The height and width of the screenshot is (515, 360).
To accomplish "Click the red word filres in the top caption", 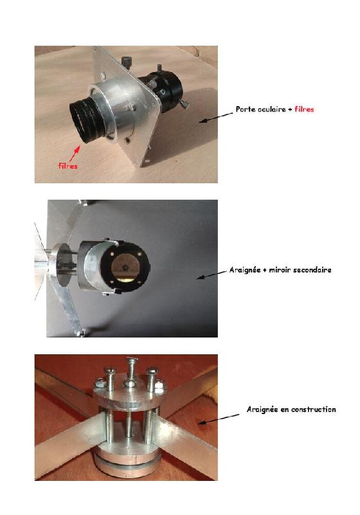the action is [x=304, y=109].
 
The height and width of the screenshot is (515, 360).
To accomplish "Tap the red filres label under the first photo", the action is [x=67, y=166].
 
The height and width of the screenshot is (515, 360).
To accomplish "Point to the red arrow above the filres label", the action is [x=75, y=154].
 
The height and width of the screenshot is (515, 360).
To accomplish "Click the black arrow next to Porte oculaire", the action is [x=216, y=118].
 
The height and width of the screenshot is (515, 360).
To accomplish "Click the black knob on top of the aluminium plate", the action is [x=126, y=62].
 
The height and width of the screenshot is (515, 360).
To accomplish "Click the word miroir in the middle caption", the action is [x=280, y=270].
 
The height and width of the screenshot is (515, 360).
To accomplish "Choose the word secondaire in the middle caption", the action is [x=312, y=270].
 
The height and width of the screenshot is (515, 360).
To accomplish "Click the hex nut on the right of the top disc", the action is [x=159, y=386].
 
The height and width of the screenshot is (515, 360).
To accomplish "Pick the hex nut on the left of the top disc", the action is [x=100, y=383].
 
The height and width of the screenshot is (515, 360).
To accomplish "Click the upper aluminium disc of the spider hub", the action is [x=130, y=398].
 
